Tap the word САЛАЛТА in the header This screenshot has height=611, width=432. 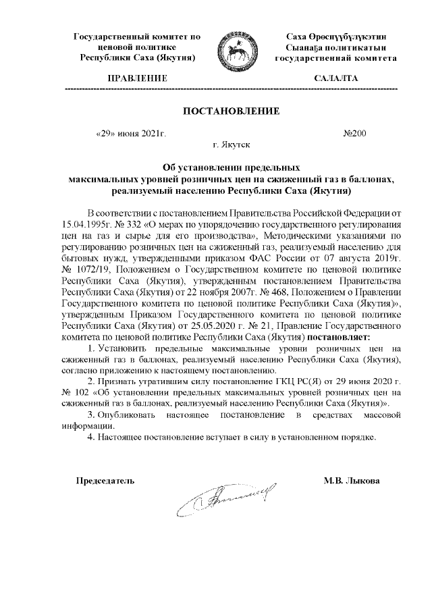335,79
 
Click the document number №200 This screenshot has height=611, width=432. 355,134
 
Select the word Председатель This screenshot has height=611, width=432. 105,480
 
